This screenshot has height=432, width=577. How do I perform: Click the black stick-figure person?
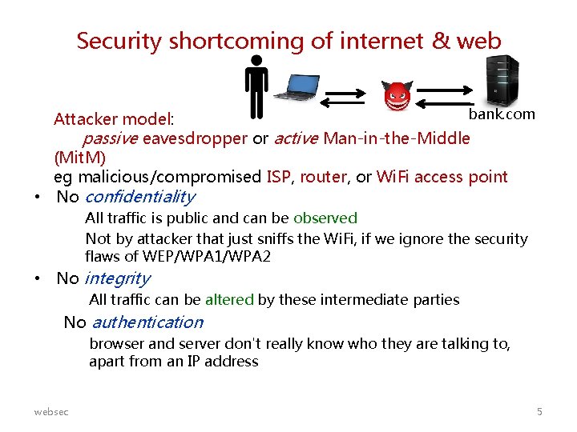coord(256,86)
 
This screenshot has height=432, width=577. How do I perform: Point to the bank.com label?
coord(502,114)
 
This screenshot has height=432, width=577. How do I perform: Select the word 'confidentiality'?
coord(139,197)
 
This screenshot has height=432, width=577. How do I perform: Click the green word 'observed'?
coord(325,218)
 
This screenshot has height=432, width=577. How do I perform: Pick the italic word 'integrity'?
coord(117,278)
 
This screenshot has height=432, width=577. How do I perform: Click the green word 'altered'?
coord(229,300)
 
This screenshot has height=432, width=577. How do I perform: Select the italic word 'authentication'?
coord(147,322)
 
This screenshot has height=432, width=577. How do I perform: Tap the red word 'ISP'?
coord(280,177)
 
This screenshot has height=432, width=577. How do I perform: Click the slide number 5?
coord(539,411)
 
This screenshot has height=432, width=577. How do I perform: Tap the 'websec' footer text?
coord(51,411)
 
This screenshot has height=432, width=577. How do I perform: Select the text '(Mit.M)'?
coord(79,158)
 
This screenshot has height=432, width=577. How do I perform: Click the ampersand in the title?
coord(442,41)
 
